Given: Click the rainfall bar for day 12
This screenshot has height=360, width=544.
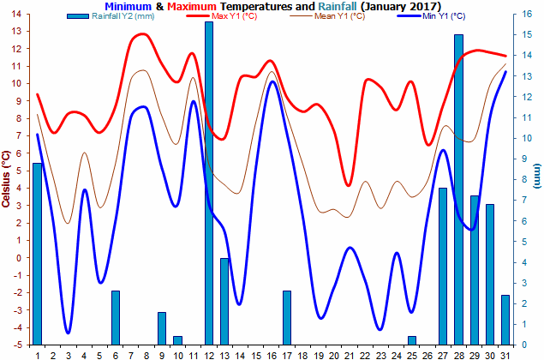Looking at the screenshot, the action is (x=209, y=183).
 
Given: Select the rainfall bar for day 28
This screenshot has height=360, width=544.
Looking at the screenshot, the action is (x=458, y=189).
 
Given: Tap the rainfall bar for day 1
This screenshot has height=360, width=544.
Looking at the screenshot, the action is (x=37, y=254).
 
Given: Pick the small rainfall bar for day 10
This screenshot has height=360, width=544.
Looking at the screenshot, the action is (x=177, y=340).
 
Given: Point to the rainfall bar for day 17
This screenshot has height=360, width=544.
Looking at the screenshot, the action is (x=287, y=318).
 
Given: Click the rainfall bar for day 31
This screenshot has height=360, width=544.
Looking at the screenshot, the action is (x=505, y=320).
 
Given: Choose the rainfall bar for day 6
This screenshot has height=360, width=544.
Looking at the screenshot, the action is (x=116, y=318).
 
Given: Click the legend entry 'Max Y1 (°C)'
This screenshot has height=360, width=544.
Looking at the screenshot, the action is (x=222, y=16).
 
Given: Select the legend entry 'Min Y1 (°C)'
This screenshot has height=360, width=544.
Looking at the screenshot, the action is (x=432, y=16).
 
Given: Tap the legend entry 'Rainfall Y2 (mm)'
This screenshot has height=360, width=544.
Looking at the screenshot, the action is (x=111, y=16).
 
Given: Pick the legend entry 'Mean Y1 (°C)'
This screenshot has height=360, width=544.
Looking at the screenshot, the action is (x=327, y=16).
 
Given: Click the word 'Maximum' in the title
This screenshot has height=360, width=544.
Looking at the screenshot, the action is (x=192, y=6).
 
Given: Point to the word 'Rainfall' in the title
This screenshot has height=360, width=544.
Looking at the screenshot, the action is (x=338, y=6).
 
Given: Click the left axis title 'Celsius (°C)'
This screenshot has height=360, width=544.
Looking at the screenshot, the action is (x=5, y=179).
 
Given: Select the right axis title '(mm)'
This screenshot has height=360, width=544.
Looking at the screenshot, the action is (x=537, y=176).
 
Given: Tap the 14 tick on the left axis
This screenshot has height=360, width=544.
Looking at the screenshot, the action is (x=16, y=15).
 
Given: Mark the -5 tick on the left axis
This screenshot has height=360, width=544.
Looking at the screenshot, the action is (x=16, y=345).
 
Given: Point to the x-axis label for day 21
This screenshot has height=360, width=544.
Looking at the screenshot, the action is (x=350, y=356).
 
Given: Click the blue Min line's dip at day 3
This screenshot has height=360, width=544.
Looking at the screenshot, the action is (x=68, y=333).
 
